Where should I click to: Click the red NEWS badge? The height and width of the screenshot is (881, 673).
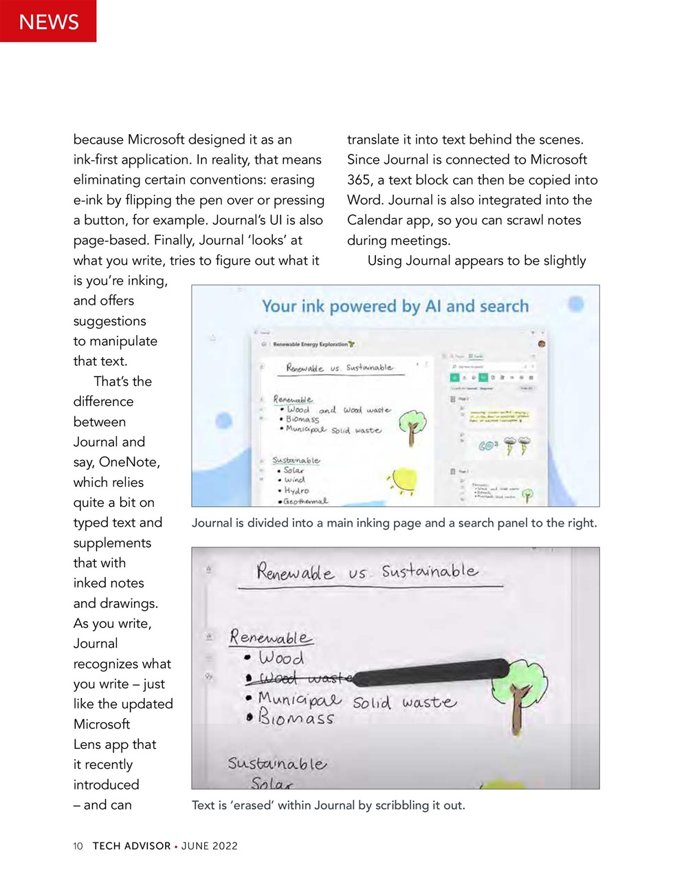click(48, 21)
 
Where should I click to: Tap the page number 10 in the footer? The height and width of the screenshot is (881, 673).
click(78, 846)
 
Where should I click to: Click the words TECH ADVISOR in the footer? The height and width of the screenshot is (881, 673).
click(131, 846)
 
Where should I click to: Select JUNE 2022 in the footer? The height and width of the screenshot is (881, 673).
click(210, 846)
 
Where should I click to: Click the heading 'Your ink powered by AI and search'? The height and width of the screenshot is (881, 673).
click(395, 306)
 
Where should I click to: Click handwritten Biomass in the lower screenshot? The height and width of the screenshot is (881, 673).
click(296, 718)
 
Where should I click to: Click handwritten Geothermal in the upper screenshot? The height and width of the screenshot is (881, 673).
click(305, 501)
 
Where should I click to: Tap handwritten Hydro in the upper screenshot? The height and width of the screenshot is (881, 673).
click(296, 490)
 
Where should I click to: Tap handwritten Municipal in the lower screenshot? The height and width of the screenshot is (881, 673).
click(300, 699)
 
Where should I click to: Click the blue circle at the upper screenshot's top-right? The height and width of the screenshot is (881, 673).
click(576, 303)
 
